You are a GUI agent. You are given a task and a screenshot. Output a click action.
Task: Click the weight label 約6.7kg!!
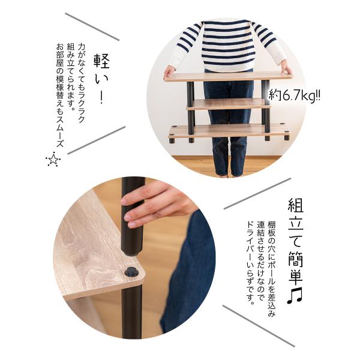click(x=294, y=95)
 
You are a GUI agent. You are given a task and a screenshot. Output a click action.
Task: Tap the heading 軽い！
click(x=101, y=78)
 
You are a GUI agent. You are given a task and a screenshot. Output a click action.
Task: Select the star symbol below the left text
click(x=53, y=159)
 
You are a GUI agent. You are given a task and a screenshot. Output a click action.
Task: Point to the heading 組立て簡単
click(x=295, y=241)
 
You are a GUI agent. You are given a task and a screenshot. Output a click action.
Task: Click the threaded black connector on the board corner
click(x=132, y=272)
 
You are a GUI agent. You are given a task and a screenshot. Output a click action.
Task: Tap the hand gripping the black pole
click(x=158, y=205)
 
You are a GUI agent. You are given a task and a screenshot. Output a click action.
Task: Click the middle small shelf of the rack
click(x=228, y=104)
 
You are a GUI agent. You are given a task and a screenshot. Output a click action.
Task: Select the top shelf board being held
click(x=228, y=77)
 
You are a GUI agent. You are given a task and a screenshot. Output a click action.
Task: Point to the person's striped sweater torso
click(x=228, y=46)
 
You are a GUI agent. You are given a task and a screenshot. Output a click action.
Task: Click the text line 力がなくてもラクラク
click(x=81, y=83)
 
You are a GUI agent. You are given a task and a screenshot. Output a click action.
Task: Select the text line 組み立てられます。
click(x=71, y=77)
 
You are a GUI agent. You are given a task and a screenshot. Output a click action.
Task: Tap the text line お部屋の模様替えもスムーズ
click(x=60, y=95)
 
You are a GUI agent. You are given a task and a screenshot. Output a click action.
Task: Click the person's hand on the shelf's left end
click(x=170, y=71)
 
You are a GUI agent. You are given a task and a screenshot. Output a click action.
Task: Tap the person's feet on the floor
click(x=227, y=175)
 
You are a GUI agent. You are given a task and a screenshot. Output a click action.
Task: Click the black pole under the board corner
click(x=131, y=311)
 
